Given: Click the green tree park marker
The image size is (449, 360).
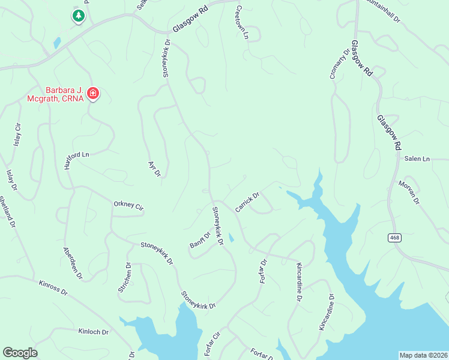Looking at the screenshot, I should click(x=78, y=16).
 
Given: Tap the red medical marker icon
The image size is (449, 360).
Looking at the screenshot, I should click(x=93, y=93).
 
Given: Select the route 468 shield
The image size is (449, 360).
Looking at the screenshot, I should click(x=394, y=238).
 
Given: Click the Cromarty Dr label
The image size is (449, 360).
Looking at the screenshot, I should click(x=339, y=63).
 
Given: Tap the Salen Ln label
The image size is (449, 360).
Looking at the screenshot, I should click(x=417, y=159).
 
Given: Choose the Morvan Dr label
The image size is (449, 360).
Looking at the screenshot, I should click(x=408, y=191).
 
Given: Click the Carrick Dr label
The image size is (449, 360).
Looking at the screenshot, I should click(x=247, y=202).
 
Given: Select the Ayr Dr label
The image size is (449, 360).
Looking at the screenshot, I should click(x=154, y=168).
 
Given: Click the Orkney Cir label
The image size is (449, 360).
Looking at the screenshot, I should click(x=128, y=206).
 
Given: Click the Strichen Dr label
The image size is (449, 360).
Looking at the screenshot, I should click(x=124, y=277).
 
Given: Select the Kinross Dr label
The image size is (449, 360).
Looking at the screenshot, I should click(x=54, y=287).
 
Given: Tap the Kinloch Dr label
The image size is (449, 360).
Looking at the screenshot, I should click(x=93, y=331).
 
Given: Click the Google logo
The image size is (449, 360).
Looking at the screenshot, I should click(x=20, y=353).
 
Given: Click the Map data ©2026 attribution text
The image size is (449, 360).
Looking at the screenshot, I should click(x=423, y=355).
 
